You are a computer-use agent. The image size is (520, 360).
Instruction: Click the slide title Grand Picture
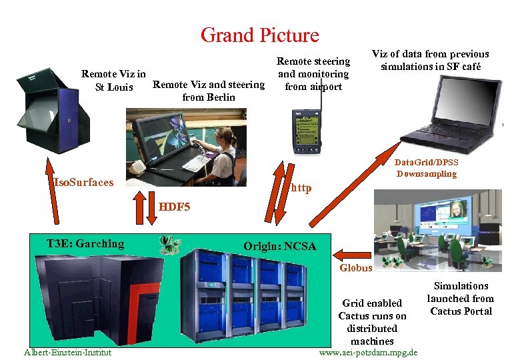click(x=259, y=35)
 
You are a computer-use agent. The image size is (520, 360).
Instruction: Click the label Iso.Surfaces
click(x=84, y=182)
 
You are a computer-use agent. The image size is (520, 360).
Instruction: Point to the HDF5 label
click(x=175, y=207)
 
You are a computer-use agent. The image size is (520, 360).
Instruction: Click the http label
click(x=301, y=188)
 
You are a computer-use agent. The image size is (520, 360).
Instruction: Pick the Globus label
click(x=355, y=268)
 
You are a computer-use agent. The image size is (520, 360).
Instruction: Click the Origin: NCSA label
click(x=279, y=246)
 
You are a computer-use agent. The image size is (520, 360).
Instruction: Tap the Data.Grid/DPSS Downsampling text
click(x=427, y=168)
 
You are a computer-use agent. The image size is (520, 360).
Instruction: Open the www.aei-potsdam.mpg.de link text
click(x=369, y=352)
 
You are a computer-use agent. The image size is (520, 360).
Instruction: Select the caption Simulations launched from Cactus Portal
click(x=461, y=299)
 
